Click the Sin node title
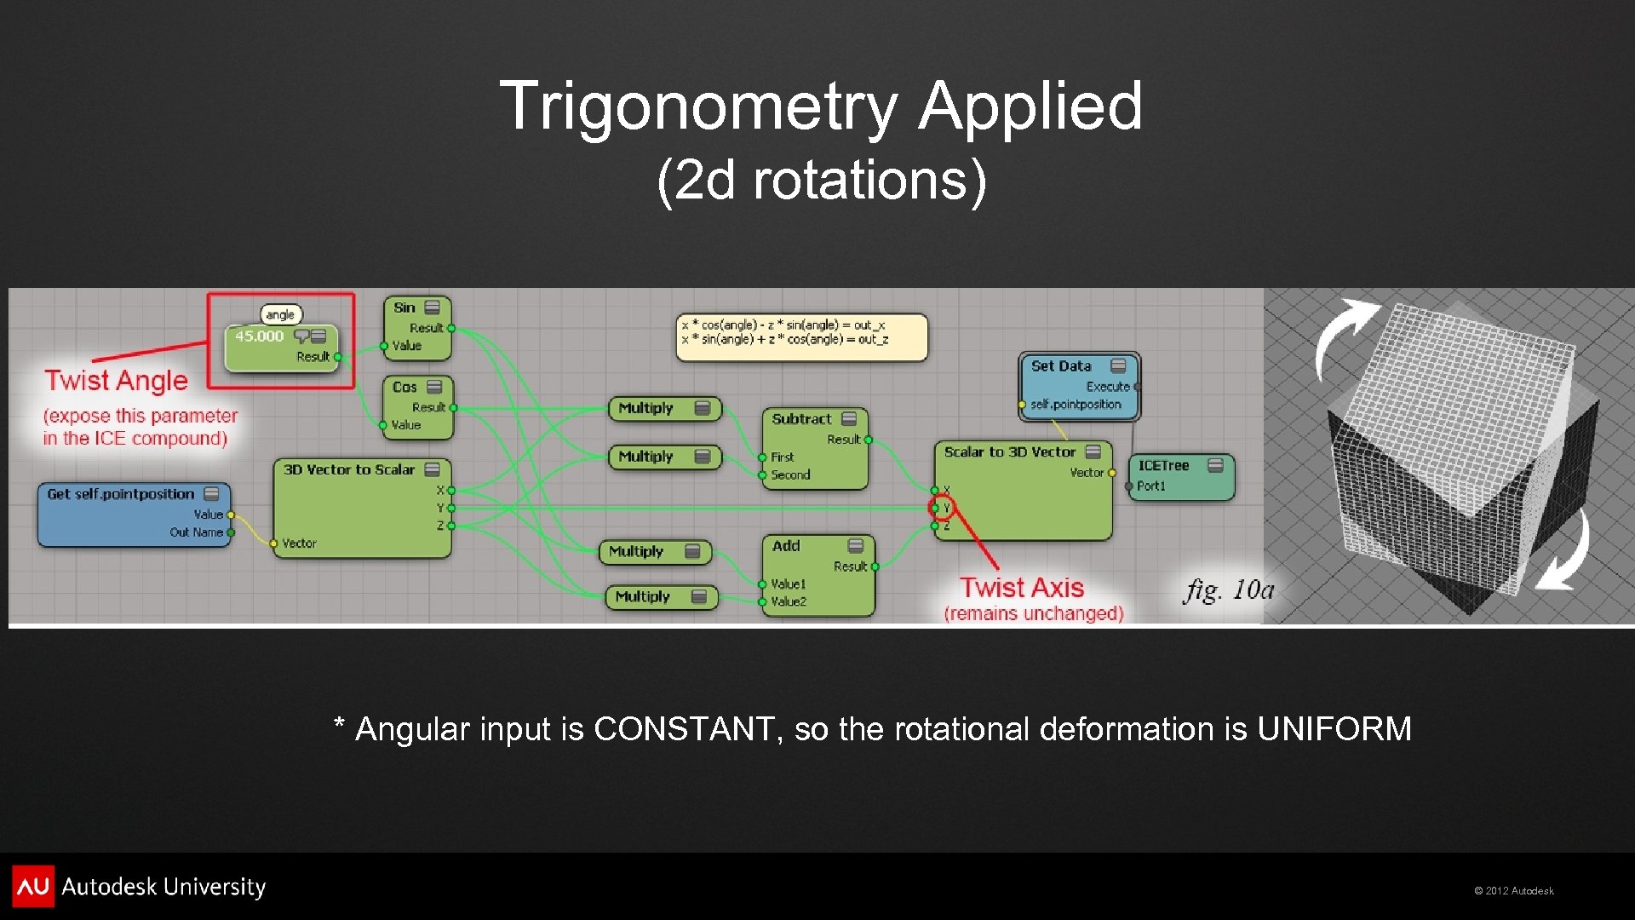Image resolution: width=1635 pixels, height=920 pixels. [x=404, y=308]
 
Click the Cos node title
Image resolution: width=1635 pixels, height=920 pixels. [x=404, y=387]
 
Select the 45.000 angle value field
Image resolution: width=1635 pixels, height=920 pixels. [x=259, y=336]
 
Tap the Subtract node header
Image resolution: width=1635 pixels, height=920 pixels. [x=801, y=419]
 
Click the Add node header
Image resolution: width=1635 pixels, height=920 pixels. [x=786, y=546]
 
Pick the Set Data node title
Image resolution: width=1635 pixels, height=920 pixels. [x=1061, y=366]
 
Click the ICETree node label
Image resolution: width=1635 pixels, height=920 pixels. [x=1163, y=466]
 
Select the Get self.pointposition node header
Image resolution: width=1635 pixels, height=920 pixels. [x=121, y=494]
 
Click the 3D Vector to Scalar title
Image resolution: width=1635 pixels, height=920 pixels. [x=349, y=469]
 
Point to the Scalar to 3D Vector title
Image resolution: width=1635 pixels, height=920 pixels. [x=1010, y=452]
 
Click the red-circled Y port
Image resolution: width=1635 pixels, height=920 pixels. [x=942, y=509]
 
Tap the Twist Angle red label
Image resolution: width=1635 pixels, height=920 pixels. [x=117, y=381]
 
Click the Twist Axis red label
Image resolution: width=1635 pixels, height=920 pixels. [x=1022, y=588]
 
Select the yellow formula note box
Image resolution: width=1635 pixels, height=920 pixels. [x=800, y=336]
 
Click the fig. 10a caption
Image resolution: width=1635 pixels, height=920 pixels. [x=1229, y=589]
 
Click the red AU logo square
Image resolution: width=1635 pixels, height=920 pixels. [x=33, y=886]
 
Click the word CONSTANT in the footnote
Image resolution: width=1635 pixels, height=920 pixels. [x=684, y=729]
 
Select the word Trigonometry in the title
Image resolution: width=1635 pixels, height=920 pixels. [x=698, y=106]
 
